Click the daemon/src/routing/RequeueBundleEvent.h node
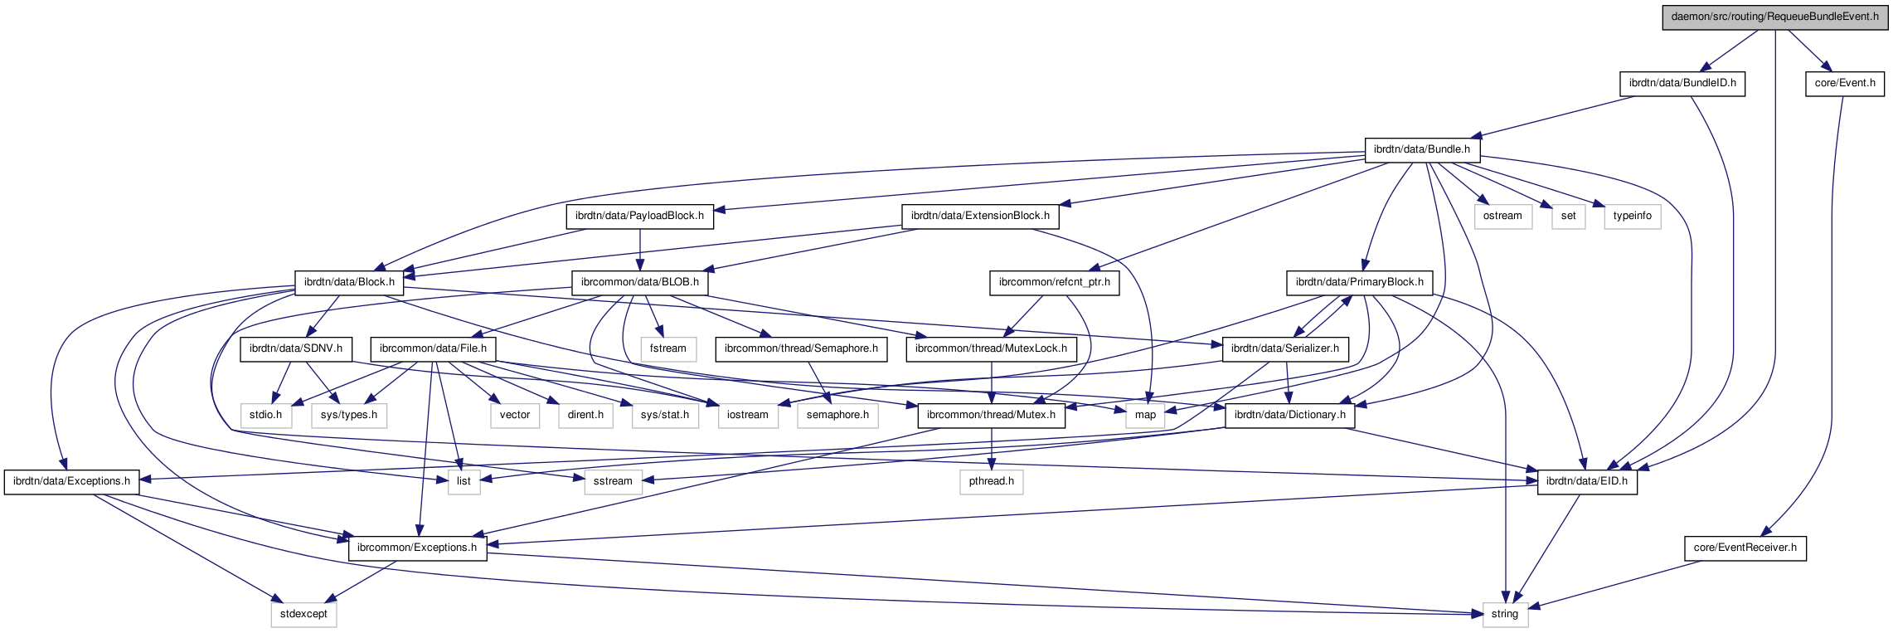pos(1774,17)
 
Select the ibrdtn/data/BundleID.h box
pos(1682,83)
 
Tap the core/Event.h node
pos(1844,83)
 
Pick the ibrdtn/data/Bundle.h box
pos(1421,149)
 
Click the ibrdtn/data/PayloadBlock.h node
pos(639,216)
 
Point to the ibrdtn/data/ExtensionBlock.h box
pos(979,216)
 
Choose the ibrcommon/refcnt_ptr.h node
pos(1054,282)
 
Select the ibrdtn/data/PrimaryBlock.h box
pos(1359,282)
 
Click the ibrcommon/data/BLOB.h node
pos(639,282)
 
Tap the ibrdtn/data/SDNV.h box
pos(296,348)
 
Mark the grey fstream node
pos(667,348)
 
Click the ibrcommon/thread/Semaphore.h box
pos(801,348)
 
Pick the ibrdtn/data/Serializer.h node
pos(1284,348)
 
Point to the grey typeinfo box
pos(1632,216)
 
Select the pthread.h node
pos(992,481)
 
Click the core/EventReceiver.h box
pos(1745,548)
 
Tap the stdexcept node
pos(303,614)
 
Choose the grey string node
pos(1504,614)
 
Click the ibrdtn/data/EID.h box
pos(1586,481)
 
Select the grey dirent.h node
pos(585,415)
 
